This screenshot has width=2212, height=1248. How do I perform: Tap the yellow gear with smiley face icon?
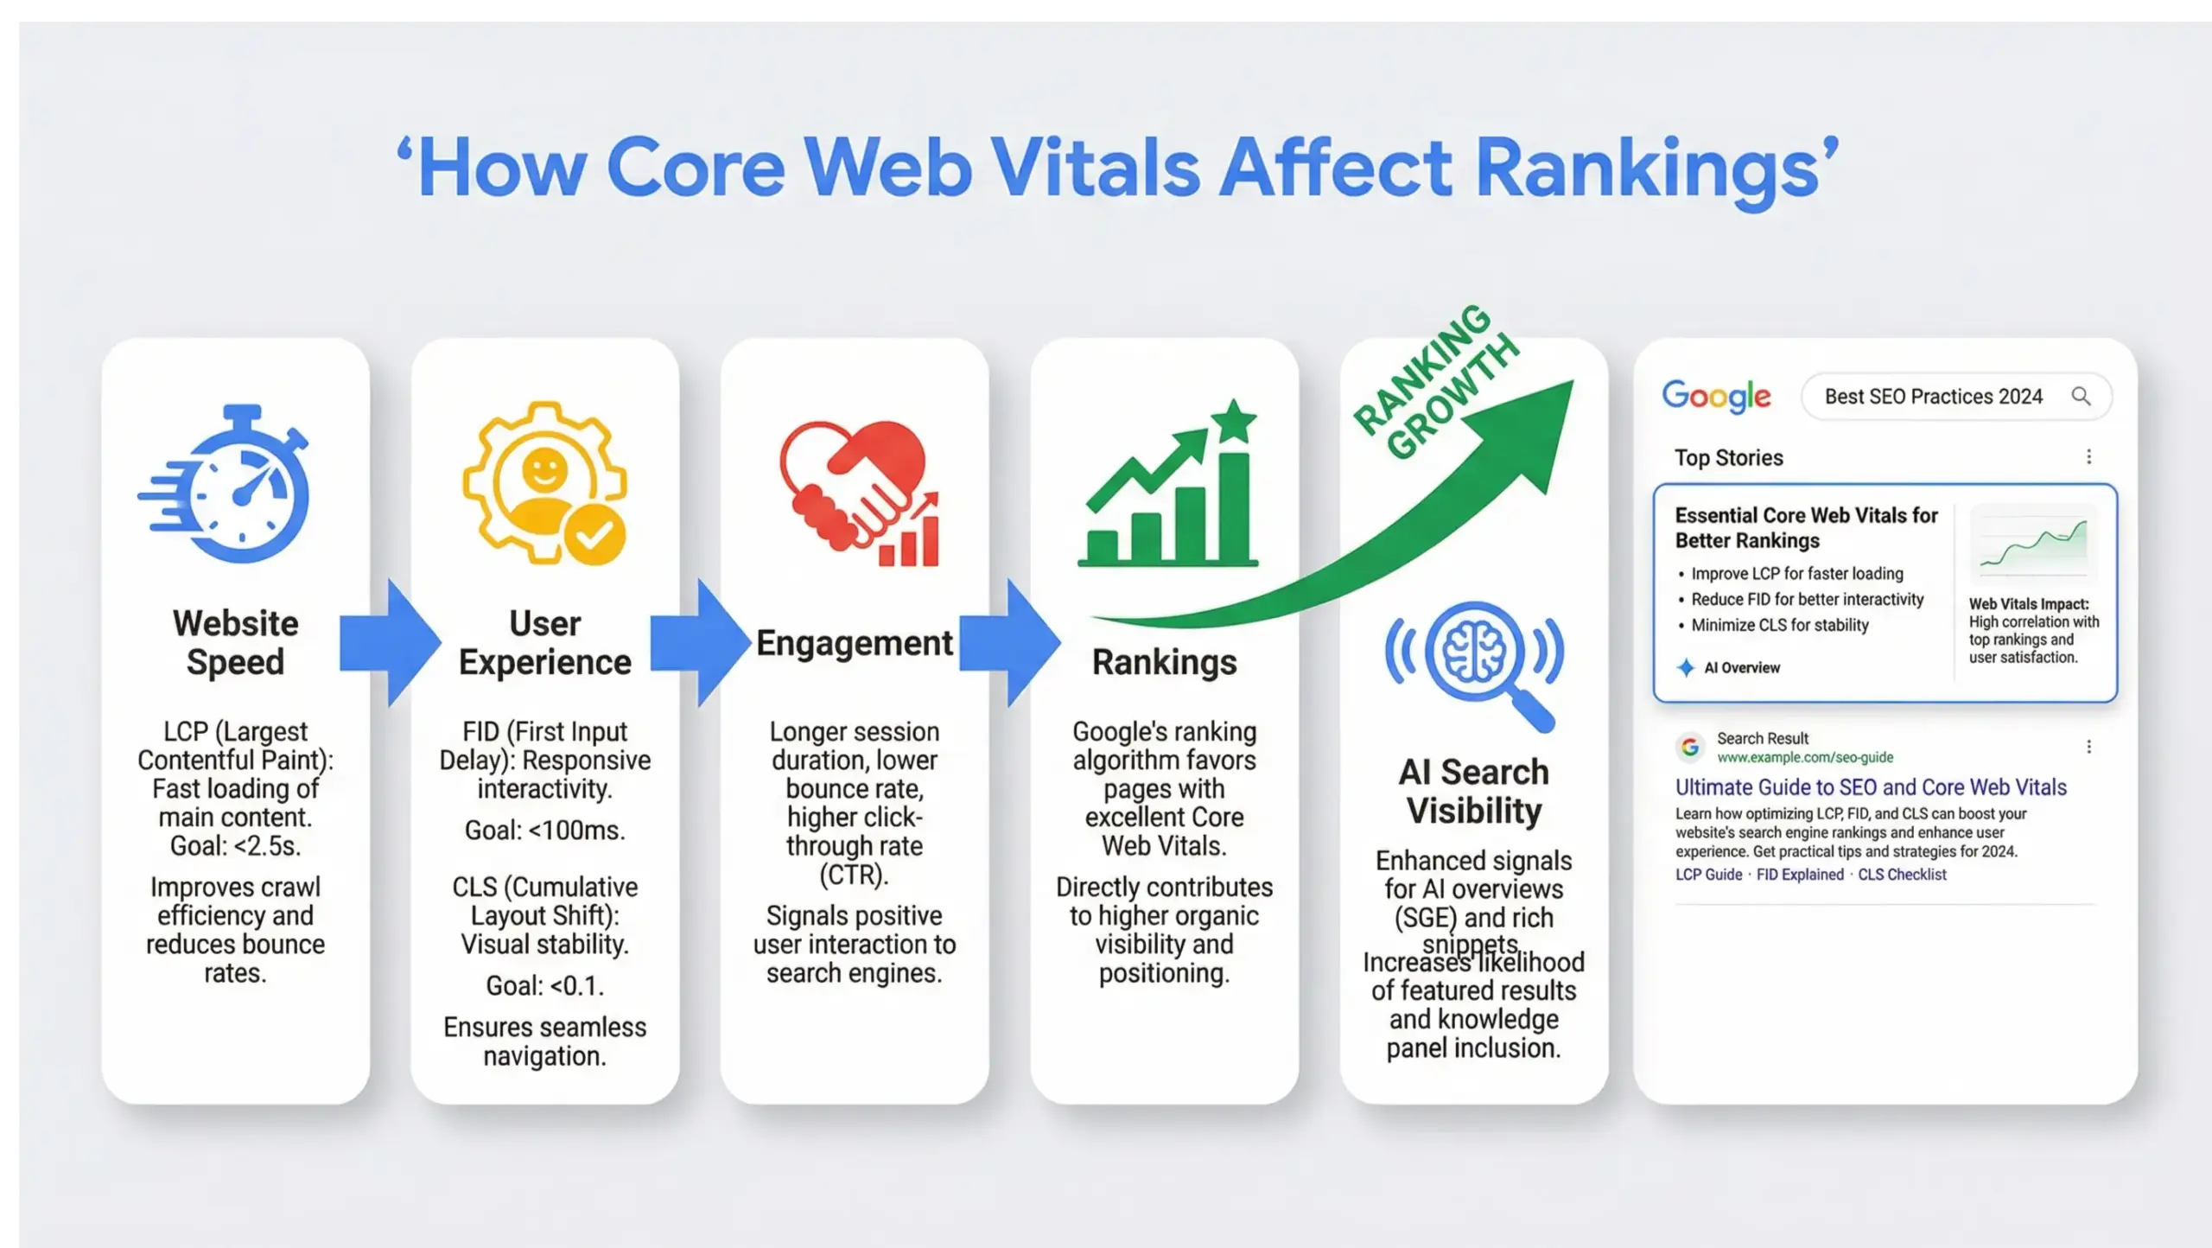point(544,484)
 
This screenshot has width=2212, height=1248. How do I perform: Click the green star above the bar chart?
point(1234,422)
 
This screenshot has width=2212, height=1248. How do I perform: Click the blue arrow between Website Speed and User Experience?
point(389,642)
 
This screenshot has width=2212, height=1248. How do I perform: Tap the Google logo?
point(1716,397)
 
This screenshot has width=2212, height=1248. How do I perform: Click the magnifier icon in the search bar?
point(2081,396)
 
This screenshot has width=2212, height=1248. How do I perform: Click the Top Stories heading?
point(1728,457)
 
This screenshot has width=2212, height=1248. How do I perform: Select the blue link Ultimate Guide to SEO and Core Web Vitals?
point(1871,787)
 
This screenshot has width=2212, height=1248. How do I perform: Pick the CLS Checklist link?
point(1902,875)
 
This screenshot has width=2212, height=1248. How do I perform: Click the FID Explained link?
point(1800,875)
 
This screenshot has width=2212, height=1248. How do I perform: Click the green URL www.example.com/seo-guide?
point(1804,757)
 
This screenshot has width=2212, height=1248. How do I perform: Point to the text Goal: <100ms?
point(544,831)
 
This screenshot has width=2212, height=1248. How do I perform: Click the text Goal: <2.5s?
point(235,846)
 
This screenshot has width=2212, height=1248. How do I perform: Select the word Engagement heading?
point(854,643)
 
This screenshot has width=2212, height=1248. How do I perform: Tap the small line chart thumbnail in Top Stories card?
point(2033,544)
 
